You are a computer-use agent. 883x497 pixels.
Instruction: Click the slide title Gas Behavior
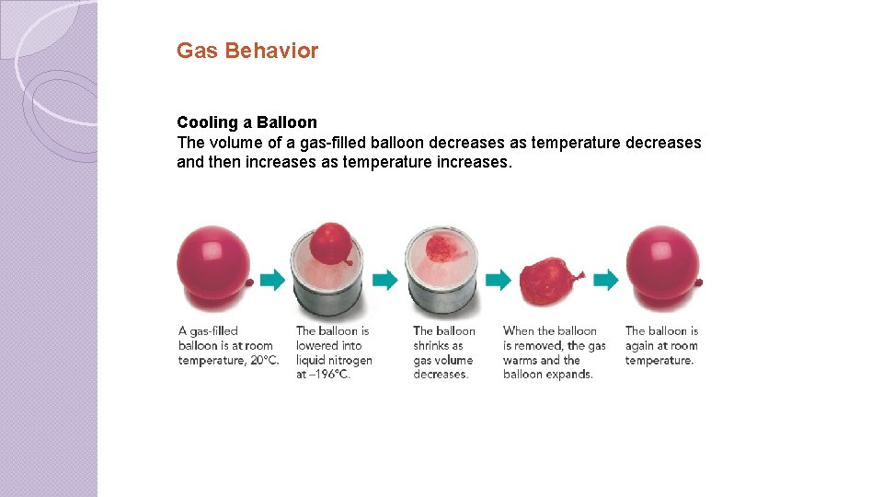coord(247,51)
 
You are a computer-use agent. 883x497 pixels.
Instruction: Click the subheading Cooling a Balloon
coord(247,122)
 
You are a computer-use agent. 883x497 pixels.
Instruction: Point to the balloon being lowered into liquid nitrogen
coord(331,243)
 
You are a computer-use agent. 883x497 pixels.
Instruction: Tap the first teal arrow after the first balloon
coord(272,280)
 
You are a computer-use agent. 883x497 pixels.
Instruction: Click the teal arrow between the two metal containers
coord(384,280)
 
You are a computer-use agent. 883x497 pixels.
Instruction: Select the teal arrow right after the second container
coord(498,280)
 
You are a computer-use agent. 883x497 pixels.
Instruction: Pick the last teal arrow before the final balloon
coord(605,280)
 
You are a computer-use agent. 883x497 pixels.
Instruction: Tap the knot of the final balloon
coord(700,282)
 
